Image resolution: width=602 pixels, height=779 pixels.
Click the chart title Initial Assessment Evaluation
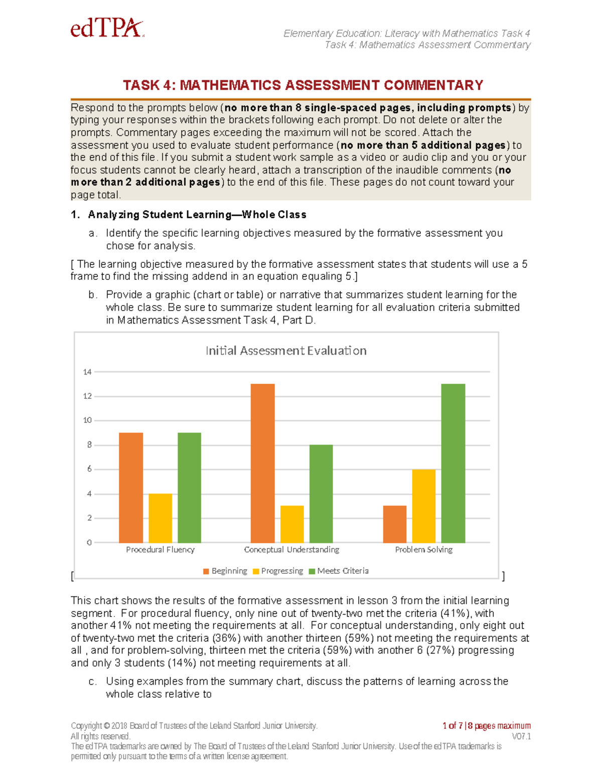click(286, 351)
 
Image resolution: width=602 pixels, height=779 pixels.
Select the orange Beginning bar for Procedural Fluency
click(131, 487)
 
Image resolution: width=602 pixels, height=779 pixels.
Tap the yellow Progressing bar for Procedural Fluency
click(161, 518)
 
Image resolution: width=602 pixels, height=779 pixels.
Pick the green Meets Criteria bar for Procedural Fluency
click(190, 487)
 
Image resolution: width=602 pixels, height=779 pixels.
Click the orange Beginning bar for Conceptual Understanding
click(263, 463)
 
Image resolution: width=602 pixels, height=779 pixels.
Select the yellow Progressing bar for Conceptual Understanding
click(292, 524)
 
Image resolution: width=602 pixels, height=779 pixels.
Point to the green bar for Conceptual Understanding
click(321, 494)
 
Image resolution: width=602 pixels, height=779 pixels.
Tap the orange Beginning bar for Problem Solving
click(395, 524)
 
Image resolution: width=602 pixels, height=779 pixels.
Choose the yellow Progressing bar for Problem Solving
click(424, 506)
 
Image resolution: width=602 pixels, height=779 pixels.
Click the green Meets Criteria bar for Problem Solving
click(453, 463)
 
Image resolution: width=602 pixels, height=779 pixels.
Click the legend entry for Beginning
click(225, 571)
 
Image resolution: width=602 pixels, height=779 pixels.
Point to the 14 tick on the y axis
click(87, 372)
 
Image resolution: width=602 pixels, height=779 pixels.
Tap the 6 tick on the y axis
click(89, 469)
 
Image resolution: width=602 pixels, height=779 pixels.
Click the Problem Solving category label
click(424, 550)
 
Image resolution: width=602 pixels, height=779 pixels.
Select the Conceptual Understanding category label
click(291, 550)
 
